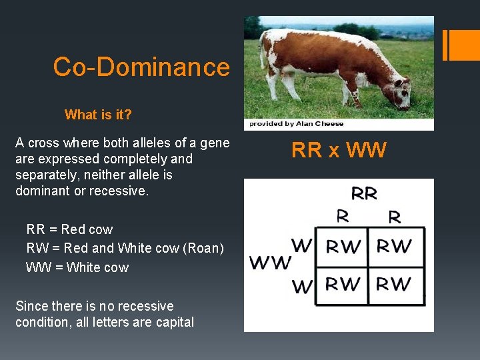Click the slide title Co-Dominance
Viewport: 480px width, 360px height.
click(141, 67)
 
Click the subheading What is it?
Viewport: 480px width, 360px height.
click(98, 115)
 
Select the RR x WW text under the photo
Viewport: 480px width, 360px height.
click(339, 151)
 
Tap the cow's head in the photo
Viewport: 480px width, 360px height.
click(401, 93)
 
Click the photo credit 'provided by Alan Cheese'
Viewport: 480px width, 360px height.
click(297, 123)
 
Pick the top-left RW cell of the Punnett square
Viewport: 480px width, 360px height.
click(343, 247)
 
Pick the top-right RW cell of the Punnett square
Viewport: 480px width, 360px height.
click(394, 247)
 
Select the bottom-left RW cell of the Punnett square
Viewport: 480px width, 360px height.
click(343, 285)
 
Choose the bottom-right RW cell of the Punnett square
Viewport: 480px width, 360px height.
click(394, 285)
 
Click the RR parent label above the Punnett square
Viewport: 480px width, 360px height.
click(363, 194)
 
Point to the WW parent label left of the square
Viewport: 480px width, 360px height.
click(271, 261)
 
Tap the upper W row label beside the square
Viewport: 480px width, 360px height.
click(302, 245)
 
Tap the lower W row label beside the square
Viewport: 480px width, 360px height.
click(302, 287)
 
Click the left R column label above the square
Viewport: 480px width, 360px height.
click(343, 216)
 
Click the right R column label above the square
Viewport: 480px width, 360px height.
click(394, 216)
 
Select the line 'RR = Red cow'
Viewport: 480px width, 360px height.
click(69, 229)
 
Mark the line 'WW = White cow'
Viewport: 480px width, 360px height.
click(77, 267)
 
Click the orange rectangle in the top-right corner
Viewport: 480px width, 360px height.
click(461, 45)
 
